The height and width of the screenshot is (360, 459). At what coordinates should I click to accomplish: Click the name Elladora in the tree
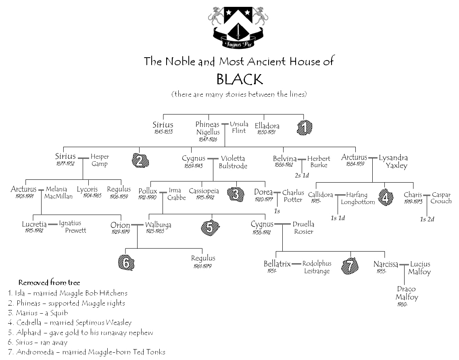click(x=267, y=126)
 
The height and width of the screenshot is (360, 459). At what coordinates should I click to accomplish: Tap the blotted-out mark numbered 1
click(x=305, y=128)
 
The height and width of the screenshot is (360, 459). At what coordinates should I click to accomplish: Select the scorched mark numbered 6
click(x=126, y=263)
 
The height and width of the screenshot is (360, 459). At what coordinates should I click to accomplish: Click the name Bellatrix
click(x=277, y=264)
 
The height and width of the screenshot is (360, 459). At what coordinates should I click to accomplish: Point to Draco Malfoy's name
click(x=406, y=293)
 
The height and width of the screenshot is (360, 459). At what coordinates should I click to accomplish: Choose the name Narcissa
click(x=386, y=264)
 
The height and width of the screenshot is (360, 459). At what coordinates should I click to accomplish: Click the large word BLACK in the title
click(x=240, y=79)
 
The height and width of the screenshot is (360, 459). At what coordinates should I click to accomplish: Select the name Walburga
click(x=158, y=225)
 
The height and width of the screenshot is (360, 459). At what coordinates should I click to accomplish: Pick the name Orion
click(x=120, y=225)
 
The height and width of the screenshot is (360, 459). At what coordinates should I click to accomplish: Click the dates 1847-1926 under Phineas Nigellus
click(x=208, y=139)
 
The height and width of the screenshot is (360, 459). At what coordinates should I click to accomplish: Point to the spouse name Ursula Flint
click(x=239, y=127)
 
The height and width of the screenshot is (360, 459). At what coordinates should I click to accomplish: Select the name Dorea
click(x=263, y=193)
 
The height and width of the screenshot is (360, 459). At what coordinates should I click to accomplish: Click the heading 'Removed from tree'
click(x=49, y=283)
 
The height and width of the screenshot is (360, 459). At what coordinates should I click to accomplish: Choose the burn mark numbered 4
click(x=386, y=197)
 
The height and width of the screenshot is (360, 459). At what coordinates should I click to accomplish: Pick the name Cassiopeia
click(x=204, y=191)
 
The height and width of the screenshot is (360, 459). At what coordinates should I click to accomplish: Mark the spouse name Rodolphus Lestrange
click(x=317, y=267)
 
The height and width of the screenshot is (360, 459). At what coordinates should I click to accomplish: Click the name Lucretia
click(x=34, y=224)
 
